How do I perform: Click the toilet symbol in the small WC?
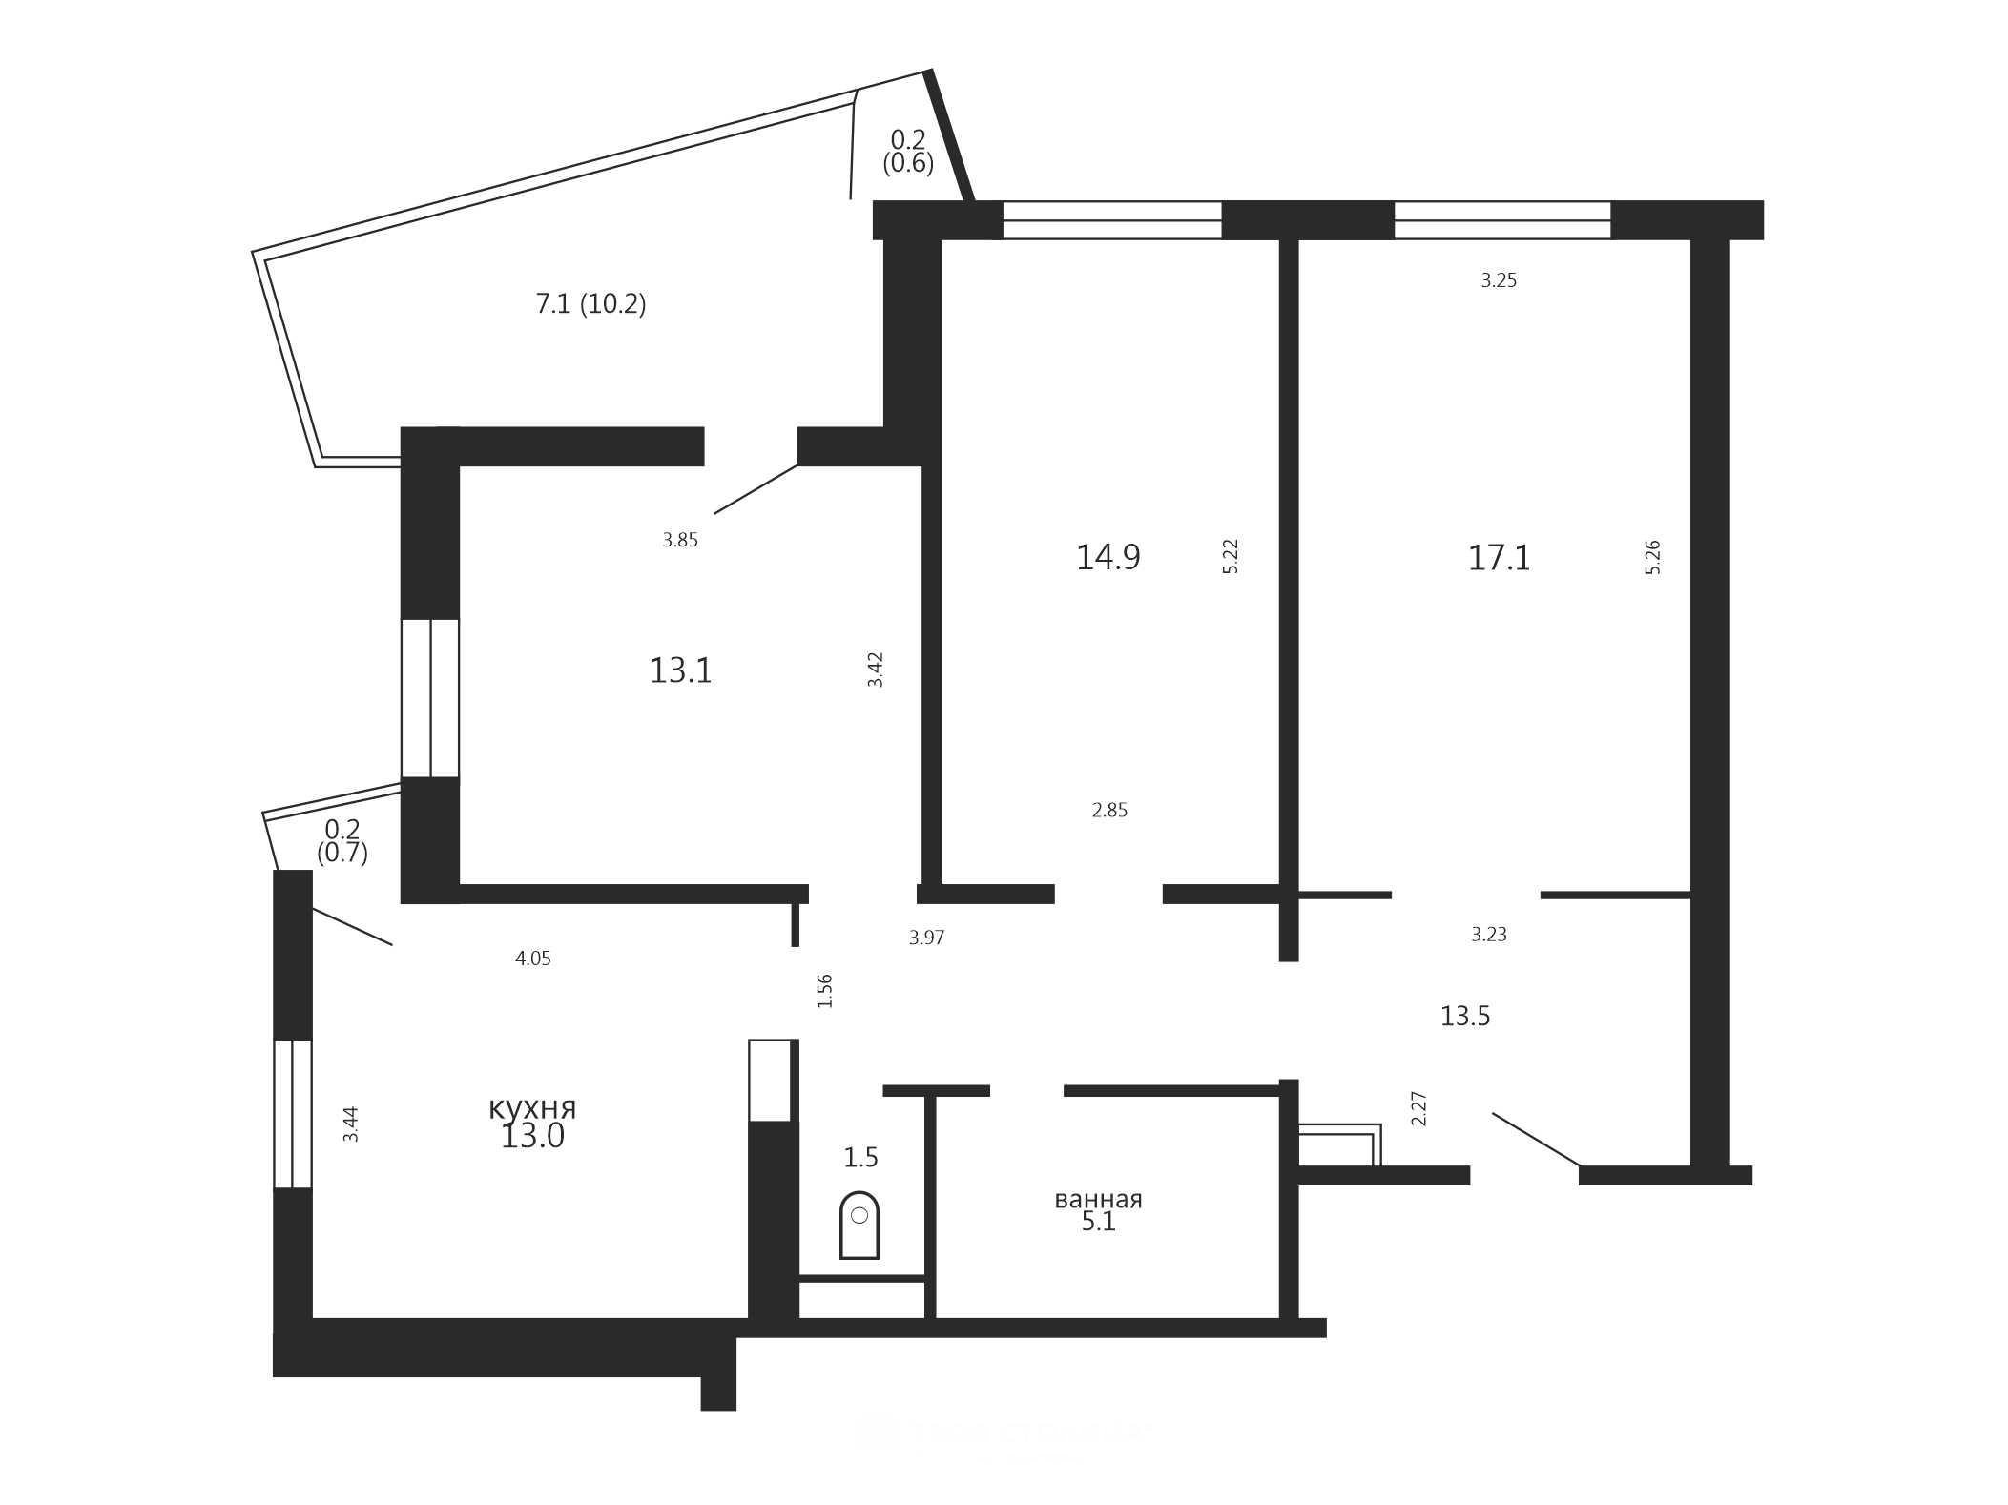[859, 1225]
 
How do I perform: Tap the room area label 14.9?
[1108, 557]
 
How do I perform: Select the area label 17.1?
[1499, 558]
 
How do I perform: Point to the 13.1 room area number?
[680, 670]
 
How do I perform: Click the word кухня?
[532, 1108]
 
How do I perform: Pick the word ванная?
[1098, 1199]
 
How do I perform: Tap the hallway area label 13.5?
[1464, 1017]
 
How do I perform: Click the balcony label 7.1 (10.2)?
[590, 304]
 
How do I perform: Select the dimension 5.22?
[1231, 556]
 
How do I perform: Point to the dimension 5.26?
[1653, 557]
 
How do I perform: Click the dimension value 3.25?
[1499, 280]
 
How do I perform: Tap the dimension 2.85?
[1109, 811]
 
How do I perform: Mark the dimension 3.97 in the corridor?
[926, 938]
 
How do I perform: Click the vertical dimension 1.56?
[825, 991]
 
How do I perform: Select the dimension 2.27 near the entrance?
[1419, 1109]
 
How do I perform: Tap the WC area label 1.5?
[860, 1158]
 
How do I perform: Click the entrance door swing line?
[1536, 1140]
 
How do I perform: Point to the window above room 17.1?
[1502, 220]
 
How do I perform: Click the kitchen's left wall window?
[293, 1114]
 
